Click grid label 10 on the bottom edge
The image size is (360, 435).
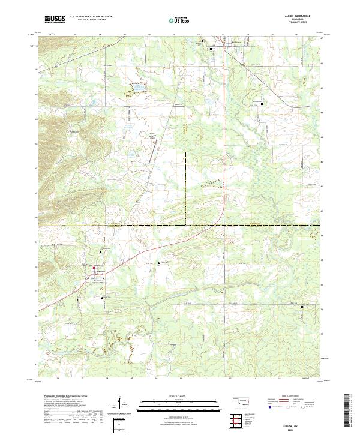156,379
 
